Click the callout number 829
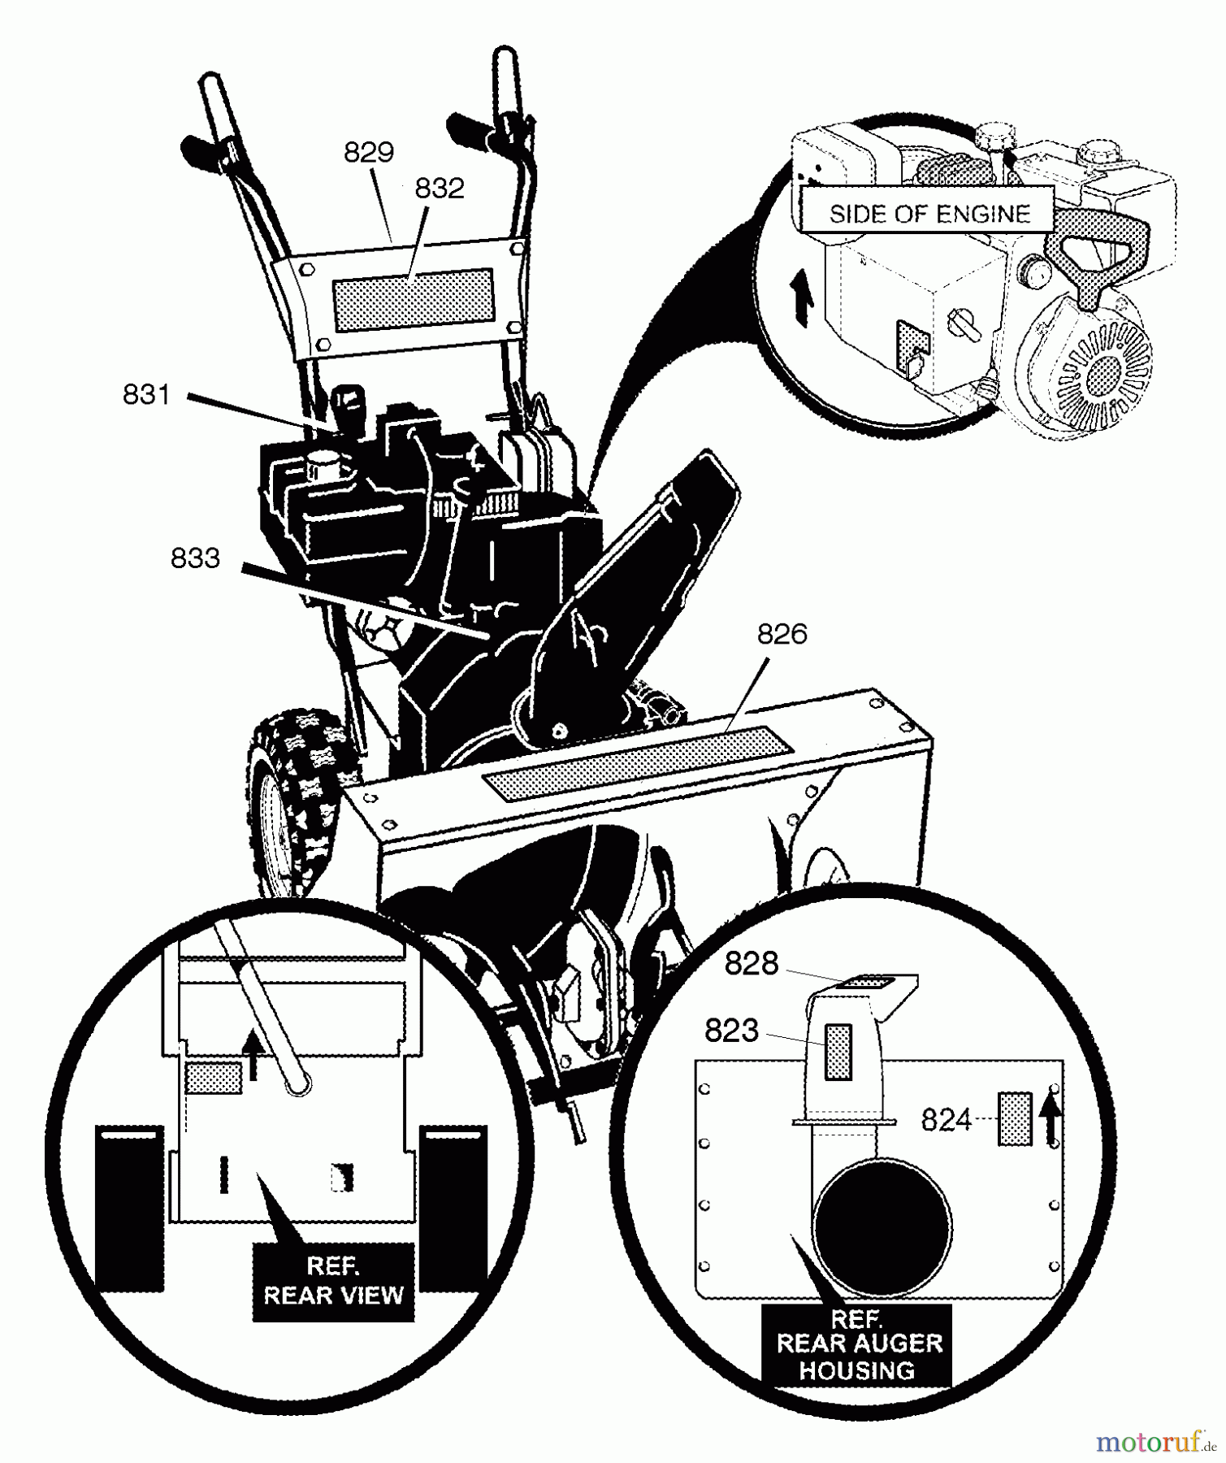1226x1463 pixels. [368, 152]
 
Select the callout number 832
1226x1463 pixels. [439, 189]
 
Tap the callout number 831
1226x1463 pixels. [146, 395]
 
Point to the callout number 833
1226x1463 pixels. [195, 558]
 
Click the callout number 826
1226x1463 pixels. [782, 634]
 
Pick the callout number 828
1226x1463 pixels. [751, 964]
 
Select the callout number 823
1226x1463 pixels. [731, 1031]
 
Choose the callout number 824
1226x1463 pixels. [946, 1120]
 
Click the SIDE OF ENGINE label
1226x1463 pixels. [929, 214]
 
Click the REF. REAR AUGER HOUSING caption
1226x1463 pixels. [859, 1344]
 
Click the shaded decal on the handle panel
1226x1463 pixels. [413, 299]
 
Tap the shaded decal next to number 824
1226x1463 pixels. [1015, 1119]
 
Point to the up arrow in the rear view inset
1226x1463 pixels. [253, 1055]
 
